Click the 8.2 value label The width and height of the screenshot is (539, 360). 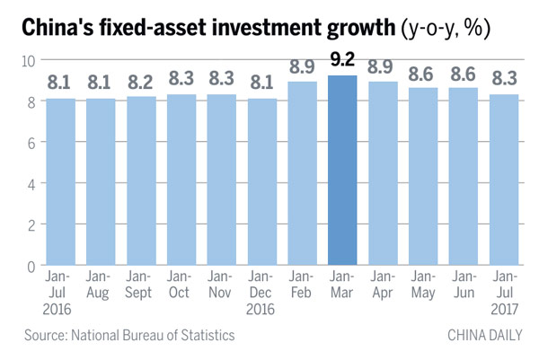(140, 83)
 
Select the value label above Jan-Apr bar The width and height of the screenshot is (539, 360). (383, 69)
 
